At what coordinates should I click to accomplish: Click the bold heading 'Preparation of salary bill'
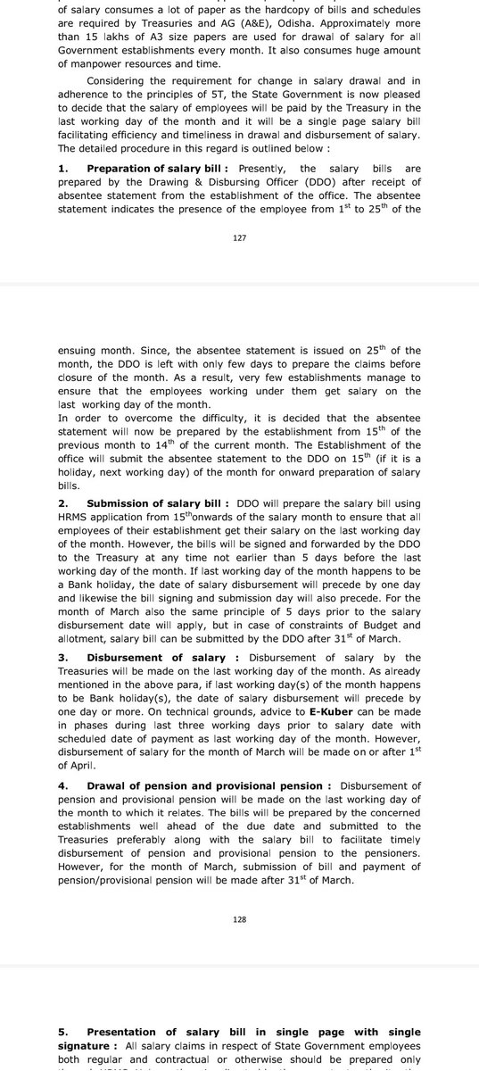(156, 168)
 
